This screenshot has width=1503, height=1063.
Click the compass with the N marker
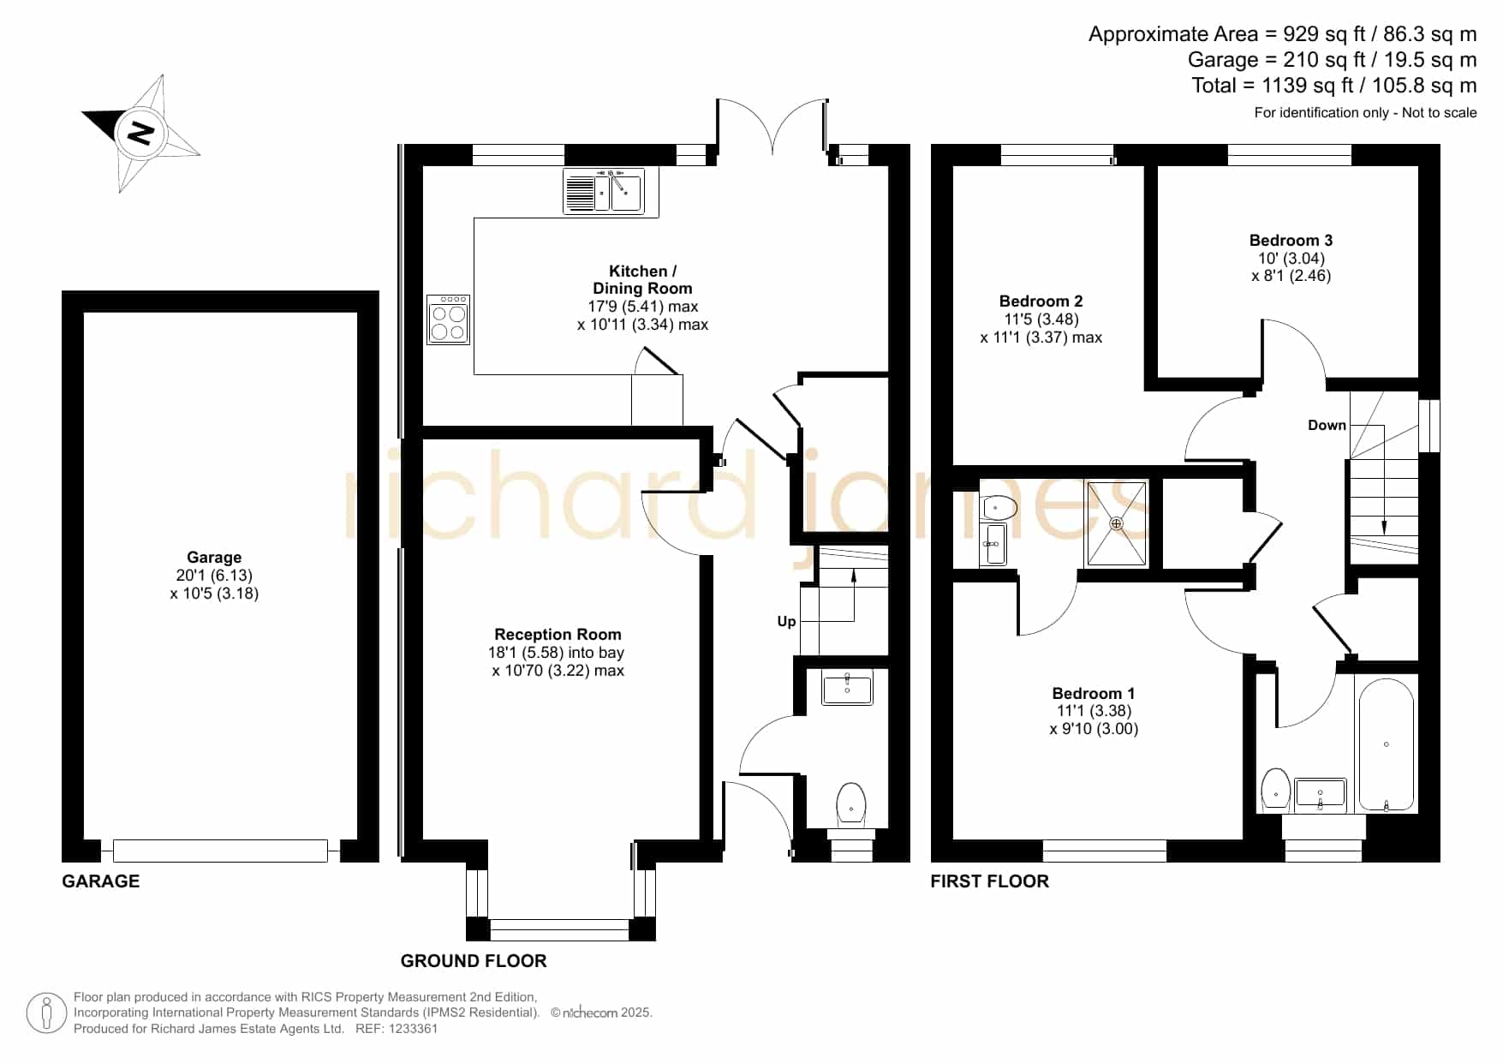[x=140, y=134]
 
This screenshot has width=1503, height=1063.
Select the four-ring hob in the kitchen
[x=448, y=320]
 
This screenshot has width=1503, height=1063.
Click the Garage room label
[x=214, y=558]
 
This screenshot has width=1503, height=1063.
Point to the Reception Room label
[x=558, y=635]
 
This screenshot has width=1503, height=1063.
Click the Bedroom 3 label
[x=1291, y=241]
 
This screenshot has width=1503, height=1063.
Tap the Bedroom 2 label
[x=1041, y=302]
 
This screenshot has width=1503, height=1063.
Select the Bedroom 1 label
[x=1094, y=694]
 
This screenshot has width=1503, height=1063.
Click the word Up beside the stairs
[x=786, y=622]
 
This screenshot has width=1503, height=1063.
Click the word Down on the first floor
[x=1327, y=426]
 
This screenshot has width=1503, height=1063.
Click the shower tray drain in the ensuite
[x=1116, y=523]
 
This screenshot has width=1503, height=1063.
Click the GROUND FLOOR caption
[x=474, y=961]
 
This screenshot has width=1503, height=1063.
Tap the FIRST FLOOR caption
[x=989, y=881]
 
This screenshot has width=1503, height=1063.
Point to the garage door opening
[x=220, y=851]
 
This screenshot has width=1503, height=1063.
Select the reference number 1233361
[x=415, y=1029]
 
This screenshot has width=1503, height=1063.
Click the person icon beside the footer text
[x=46, y=1013]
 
